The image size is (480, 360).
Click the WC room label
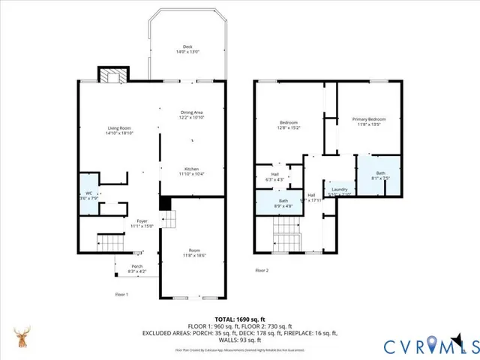pyautogui.click(x=88, y=193)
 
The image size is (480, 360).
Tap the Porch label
pyautogui.click(x=137, y=266)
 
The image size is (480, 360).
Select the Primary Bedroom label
pyautogui.click(x=369, y=119)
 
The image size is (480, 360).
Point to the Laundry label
pyautogui.click(x=338, y=190)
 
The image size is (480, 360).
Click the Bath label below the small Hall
pyautogui.click(x=283, y=201)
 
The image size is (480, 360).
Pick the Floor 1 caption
pyautogui.click(x=121, y=295)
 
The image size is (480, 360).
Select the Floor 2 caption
pyautogui.click(x=261, y=270)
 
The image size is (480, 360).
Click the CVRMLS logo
pyautogui.click(x=430, y=346)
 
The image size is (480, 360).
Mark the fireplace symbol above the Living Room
pyautogui.click(x=113, y=75)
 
